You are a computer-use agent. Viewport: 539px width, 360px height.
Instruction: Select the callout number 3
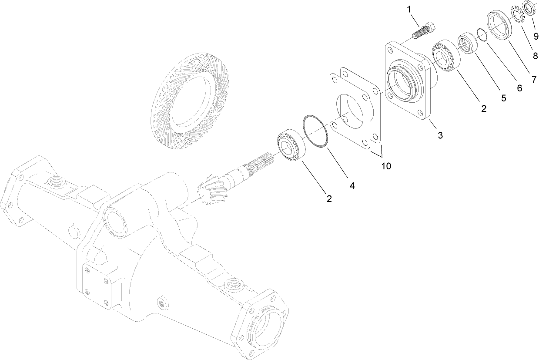point(440,135)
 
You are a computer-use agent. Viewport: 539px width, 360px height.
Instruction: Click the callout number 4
point(352,185)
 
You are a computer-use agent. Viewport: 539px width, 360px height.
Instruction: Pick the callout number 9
point(536,36)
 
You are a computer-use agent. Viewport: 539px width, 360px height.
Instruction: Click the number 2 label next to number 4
point(329,199)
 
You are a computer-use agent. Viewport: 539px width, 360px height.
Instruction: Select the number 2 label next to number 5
point(483,109)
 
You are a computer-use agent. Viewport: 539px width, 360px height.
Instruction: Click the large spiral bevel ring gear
point(185,104)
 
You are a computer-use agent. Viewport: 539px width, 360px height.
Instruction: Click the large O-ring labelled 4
point(316,132)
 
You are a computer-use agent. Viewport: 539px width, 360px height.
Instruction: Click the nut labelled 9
point(529,9)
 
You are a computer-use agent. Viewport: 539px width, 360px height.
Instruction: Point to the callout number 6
point(519,88)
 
